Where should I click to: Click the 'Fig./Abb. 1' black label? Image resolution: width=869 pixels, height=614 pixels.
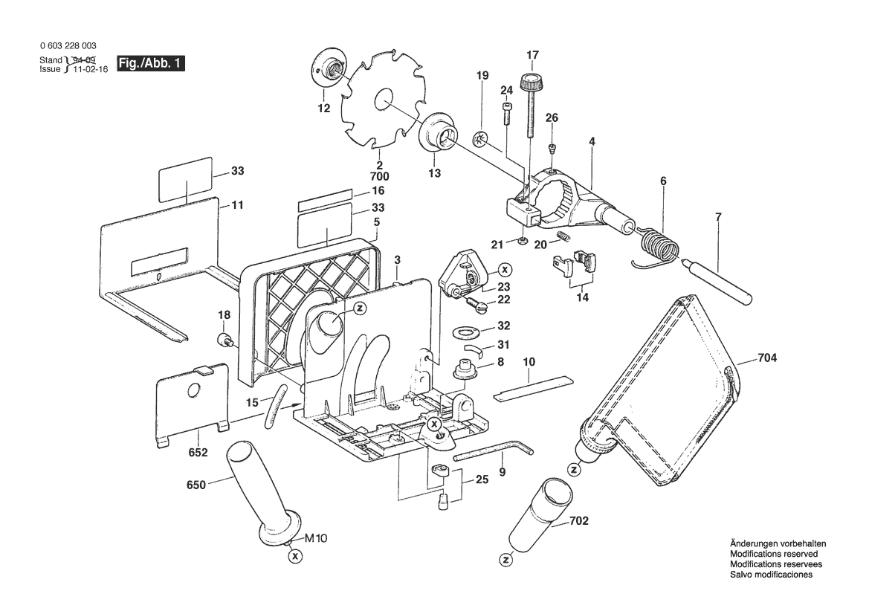pyautogui.click(x=151, y=63)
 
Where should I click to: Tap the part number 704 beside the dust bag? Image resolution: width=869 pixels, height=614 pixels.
pyautogui.click(x=767, y=358)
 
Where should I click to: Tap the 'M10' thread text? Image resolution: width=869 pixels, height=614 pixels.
pyautogui.click(x=316, y=538)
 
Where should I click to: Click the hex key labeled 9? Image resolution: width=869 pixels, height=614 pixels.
pyautogui.click(x=494, y=450)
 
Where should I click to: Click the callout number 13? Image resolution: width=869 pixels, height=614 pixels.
pyautogui.click(x=434, y=173)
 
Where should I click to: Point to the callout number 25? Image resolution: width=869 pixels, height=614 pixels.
pyautogui.click(x=482, y=479)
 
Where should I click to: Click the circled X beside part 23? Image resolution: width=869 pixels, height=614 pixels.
pyautogui.click(x=504, y=270)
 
